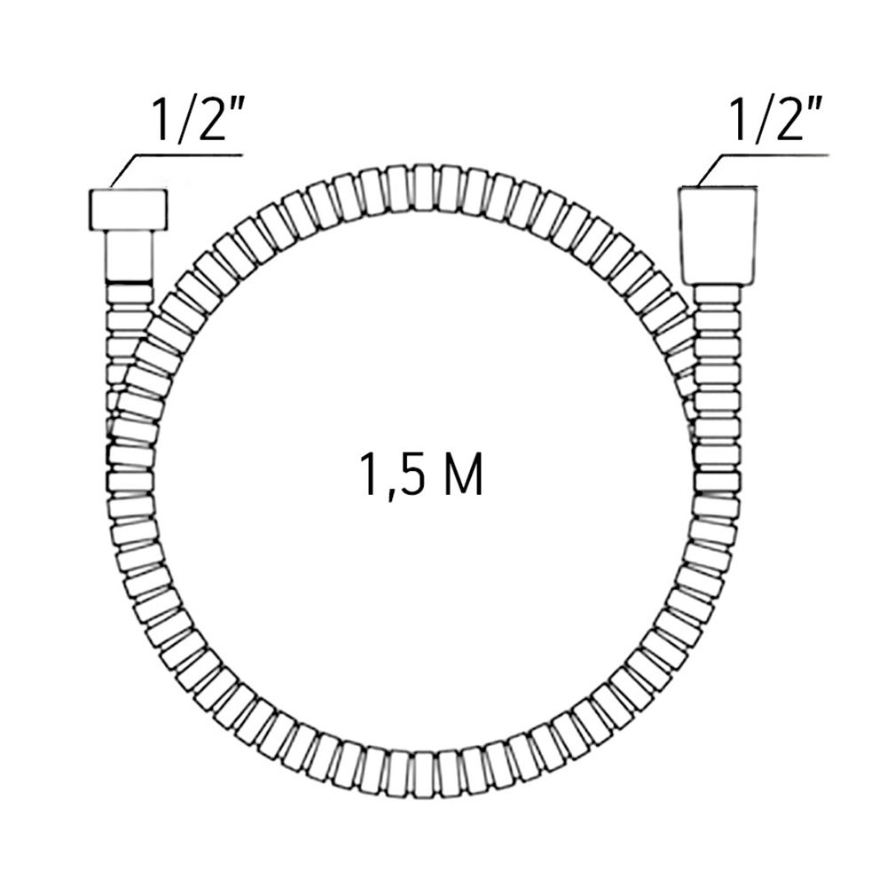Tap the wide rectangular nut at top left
128,210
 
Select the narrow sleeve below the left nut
130,255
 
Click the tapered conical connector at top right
718,235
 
